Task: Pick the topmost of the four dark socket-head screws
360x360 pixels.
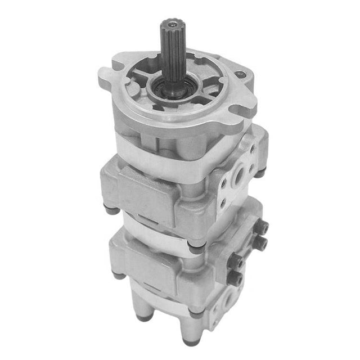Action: (263, 227)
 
